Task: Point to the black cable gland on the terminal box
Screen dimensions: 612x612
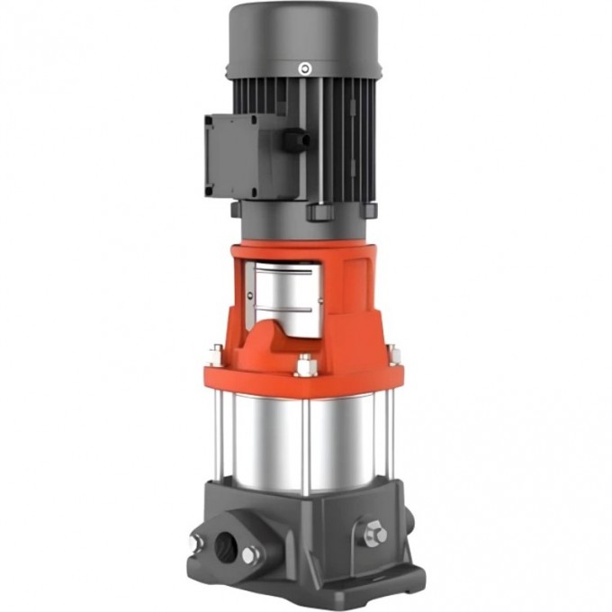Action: pyautogui.click(x=294, y=140)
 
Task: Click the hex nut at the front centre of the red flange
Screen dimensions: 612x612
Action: pyautogui.click(x=304, y=365)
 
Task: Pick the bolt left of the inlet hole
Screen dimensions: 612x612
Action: pyautogui.click(x=194, y=542)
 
